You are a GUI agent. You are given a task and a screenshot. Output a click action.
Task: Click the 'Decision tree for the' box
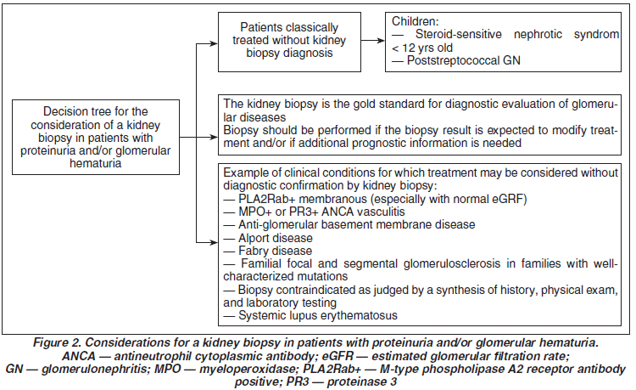tap(96, 138)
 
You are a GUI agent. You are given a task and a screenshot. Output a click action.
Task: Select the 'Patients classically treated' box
tap(289, 42)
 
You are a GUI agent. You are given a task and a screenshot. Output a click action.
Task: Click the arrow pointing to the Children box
tap(373, 40)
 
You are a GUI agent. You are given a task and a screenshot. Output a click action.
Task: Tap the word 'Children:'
tap(415, 21)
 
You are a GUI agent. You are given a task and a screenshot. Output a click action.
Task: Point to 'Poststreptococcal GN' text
tap(464, 60)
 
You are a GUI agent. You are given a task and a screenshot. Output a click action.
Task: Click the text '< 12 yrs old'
tap(421, 48)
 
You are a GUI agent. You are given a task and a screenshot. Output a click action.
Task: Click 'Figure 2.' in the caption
tap(57, 342)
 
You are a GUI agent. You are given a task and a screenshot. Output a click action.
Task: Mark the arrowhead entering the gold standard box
tap(214, 138)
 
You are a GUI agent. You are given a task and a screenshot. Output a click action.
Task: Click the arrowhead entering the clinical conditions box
tap(214, 243)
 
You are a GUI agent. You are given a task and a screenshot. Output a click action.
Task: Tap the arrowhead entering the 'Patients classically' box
tap(214, 43)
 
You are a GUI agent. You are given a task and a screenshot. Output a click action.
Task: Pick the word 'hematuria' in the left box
tap(95, 163)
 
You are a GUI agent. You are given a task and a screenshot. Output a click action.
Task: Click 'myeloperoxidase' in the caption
tap(247, 369)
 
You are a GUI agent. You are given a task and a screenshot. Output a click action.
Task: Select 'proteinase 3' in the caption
tap(362, 382)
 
